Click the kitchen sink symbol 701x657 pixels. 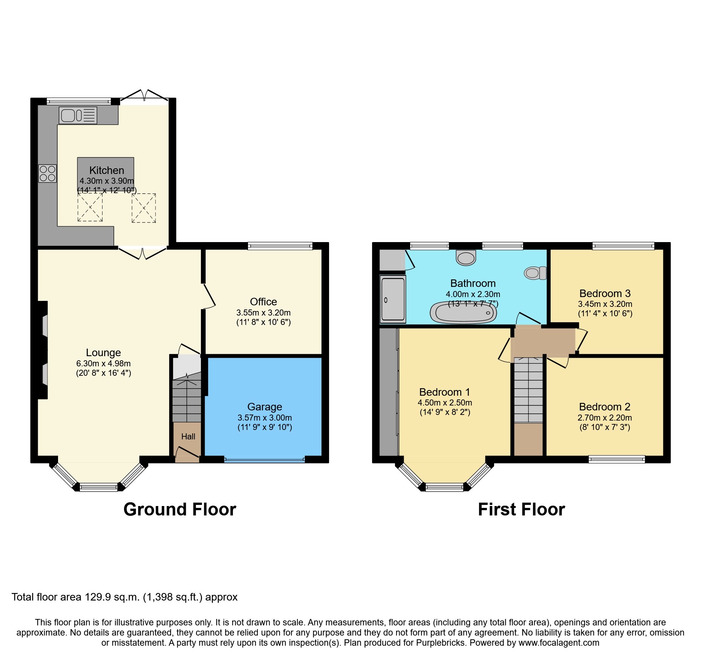(x=78, y=115)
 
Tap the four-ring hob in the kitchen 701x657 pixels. (x=47, y=174)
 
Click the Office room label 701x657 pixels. (x=263, y=302)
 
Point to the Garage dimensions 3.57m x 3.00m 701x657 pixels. (x=265, y=418)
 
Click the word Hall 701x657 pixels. (x=188, y=436)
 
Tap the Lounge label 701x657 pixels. (x=103, y=352)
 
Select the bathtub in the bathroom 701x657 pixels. (x=463, y=312)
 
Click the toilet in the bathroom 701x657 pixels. (x=535, y=273)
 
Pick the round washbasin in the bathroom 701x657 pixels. (x=466, y=258)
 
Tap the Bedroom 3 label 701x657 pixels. (x=605, y=293)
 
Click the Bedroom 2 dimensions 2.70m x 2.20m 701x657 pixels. (x=605, y=418)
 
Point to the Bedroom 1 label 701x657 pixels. (x=445, y=392)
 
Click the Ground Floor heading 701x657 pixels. (x=180, y=509)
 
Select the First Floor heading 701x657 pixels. (x=521, y=509)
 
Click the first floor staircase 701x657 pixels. (x=528, y=390)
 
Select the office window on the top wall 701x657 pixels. (x=280, y=246)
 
